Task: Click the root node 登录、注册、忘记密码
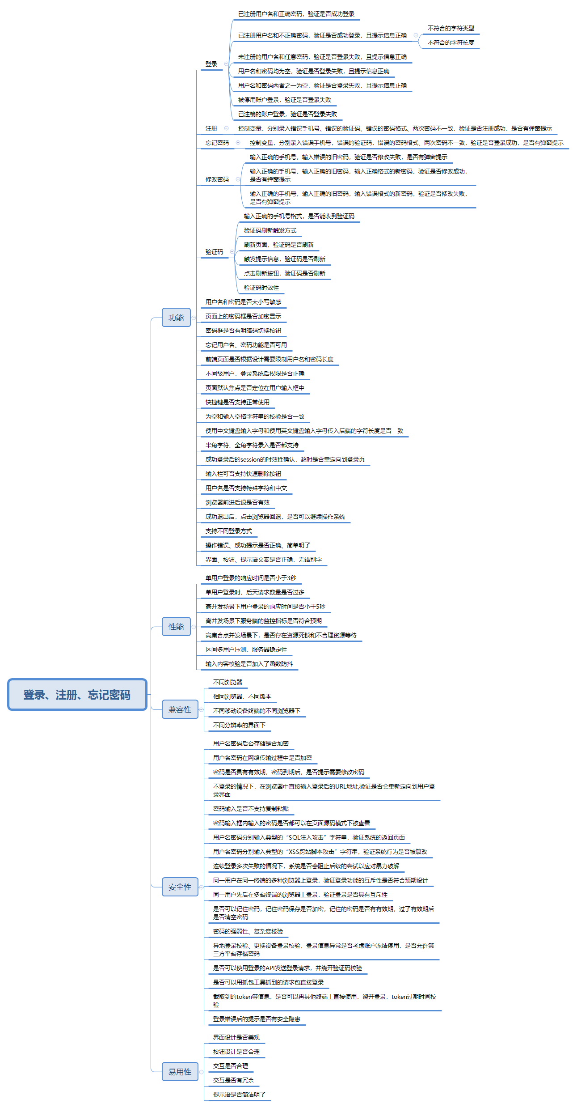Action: pyautogui.click(x=77, y=694)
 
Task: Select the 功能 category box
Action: pyautogui.click(x=176, y=318)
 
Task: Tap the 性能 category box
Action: pyautogui.click(x=176, y=627)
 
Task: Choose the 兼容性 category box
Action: pyautogui.click(x=180, y=709)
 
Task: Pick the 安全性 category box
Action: pyautogui.click(x=180, y=887)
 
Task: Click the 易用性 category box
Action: pyautogui.click(x=180, y=1072)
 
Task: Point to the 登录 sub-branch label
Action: pyautogui.click(x=211, y=64)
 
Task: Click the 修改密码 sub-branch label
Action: pyautogui.click(x=217, y=179)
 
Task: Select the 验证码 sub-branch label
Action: pyautogui.click(x=214, y=252)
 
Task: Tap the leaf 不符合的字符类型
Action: pyautogui.click(x=451, y=28)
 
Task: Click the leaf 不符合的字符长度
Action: pyautogui.click(x=451, y=42)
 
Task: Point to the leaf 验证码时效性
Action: pyautogui.click(x=261, y=288)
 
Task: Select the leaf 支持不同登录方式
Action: pyautogui.click(x=229, y=531)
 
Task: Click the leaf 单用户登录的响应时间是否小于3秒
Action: pyautogui.click(x=251, y=578)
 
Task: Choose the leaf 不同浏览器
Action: pyautogui.click(x=227, y=682)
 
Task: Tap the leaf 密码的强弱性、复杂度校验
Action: pyautogui.click(x=248, y=931)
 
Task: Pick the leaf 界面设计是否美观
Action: pyautogui.click(x=236, y=1037)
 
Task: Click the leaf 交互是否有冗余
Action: pyautogui.click(x=233, y=1080)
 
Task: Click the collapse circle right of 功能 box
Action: pyautogui.click(x=194, y=318)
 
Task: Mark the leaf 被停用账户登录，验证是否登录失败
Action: pyautogui.click(x=285, y=100)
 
